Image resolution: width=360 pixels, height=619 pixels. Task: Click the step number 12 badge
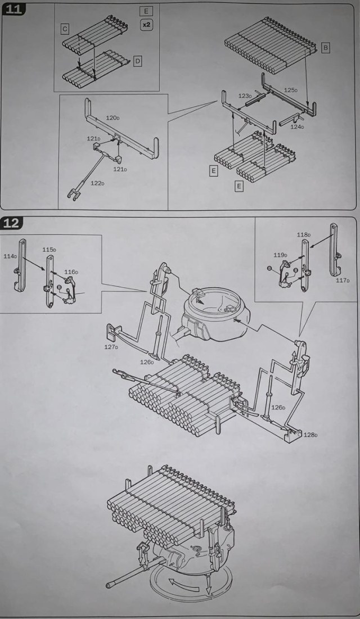pos(13,223)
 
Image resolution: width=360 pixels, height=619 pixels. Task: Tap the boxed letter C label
pos(65,28)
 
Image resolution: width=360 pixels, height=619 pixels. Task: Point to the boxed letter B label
pos(326,48)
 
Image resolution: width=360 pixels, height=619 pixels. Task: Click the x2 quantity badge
pos(147,25)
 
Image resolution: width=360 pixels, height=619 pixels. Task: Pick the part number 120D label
pos(112,119)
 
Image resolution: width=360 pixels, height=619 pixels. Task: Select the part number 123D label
pos(245,96)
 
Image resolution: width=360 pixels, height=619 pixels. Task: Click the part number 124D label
pos(297,126)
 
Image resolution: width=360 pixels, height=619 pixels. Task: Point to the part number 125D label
pos(290,89)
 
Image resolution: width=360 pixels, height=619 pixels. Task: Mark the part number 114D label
pos(10,256)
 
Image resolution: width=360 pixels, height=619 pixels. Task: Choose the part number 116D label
pos(71,272)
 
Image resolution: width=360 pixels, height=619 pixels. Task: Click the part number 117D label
pos(343,281)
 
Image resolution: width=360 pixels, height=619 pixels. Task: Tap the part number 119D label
pos(280,255)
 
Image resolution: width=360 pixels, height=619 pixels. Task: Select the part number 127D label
pos(111,347)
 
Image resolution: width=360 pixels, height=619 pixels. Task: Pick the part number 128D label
pos(310,435)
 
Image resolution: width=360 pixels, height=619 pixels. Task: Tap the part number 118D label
pos(304,235)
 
